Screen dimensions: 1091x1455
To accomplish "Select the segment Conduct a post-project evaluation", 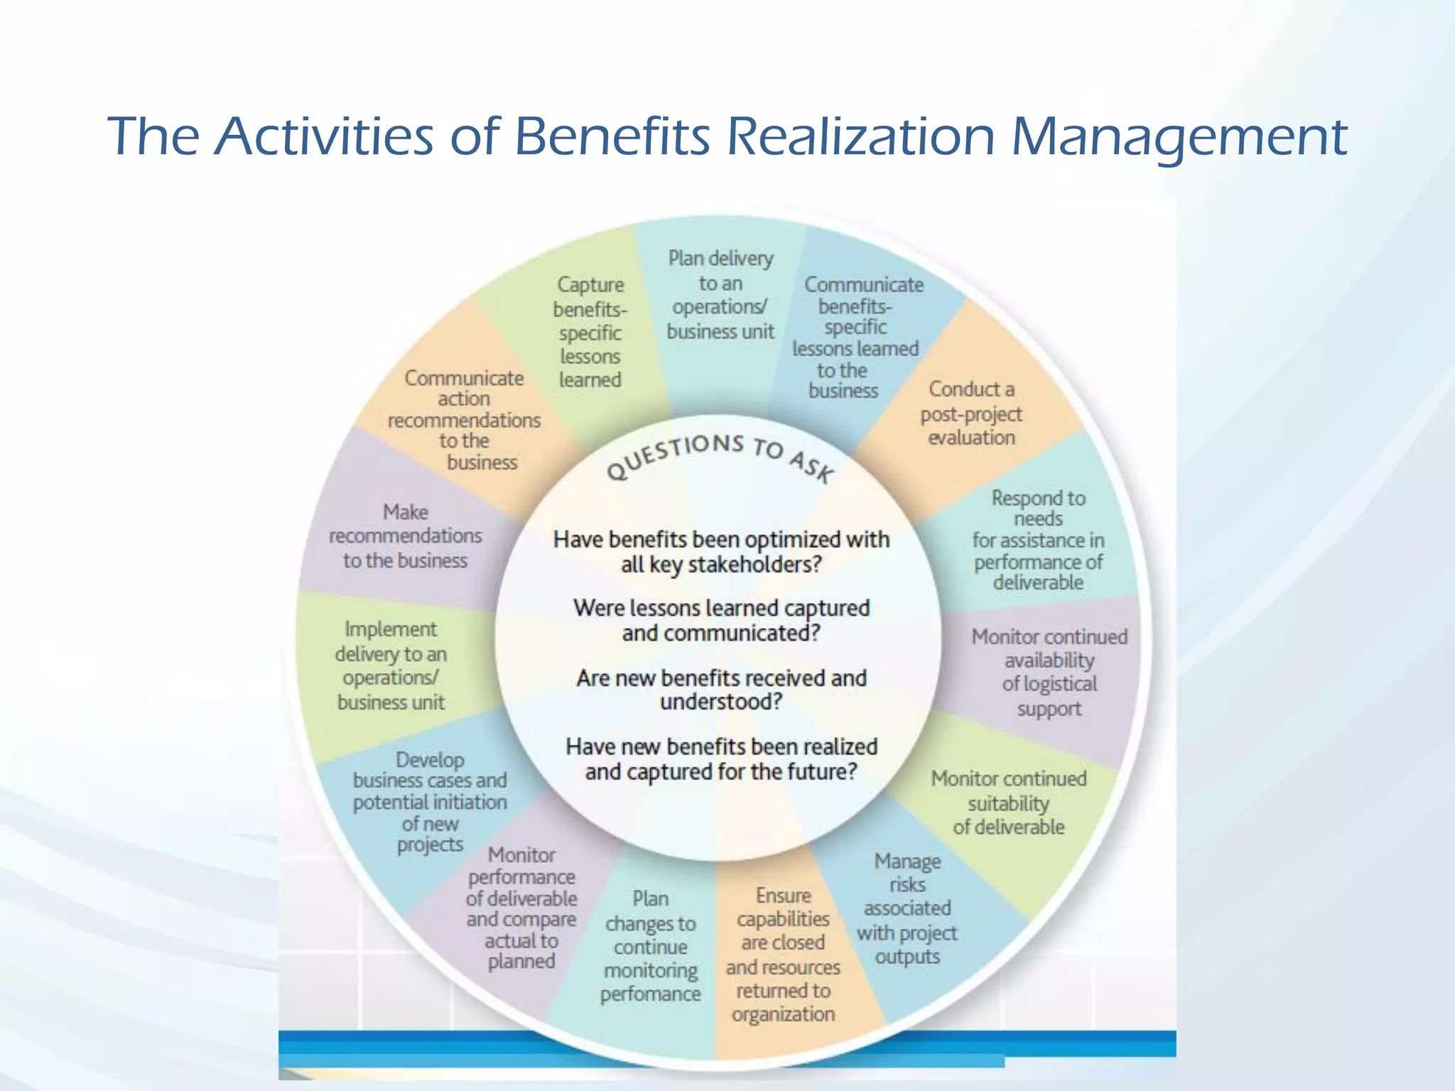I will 971,413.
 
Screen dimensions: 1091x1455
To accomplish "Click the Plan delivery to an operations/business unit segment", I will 720,295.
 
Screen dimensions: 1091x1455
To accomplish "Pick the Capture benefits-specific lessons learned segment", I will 590,332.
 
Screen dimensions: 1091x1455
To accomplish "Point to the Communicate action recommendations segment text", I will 464,420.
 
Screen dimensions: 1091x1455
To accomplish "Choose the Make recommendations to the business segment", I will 405,536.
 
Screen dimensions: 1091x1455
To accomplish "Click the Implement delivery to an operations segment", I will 391,666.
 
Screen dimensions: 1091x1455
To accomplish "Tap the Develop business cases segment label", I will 430,802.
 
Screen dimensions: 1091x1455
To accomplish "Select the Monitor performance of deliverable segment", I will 521,908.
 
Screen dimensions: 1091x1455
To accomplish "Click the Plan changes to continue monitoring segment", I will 650,946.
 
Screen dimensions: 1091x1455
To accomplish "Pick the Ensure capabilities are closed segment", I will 783,955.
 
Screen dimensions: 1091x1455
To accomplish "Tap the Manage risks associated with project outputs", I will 907,908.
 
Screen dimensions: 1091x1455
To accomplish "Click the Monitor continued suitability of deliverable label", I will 1009,803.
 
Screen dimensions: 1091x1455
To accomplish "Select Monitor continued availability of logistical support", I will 1049,672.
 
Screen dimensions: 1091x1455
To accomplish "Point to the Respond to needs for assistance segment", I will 1038,541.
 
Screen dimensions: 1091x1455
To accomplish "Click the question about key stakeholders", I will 721,552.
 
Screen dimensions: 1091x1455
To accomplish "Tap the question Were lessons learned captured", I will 721,620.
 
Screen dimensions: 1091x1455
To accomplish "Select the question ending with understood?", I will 721,690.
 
